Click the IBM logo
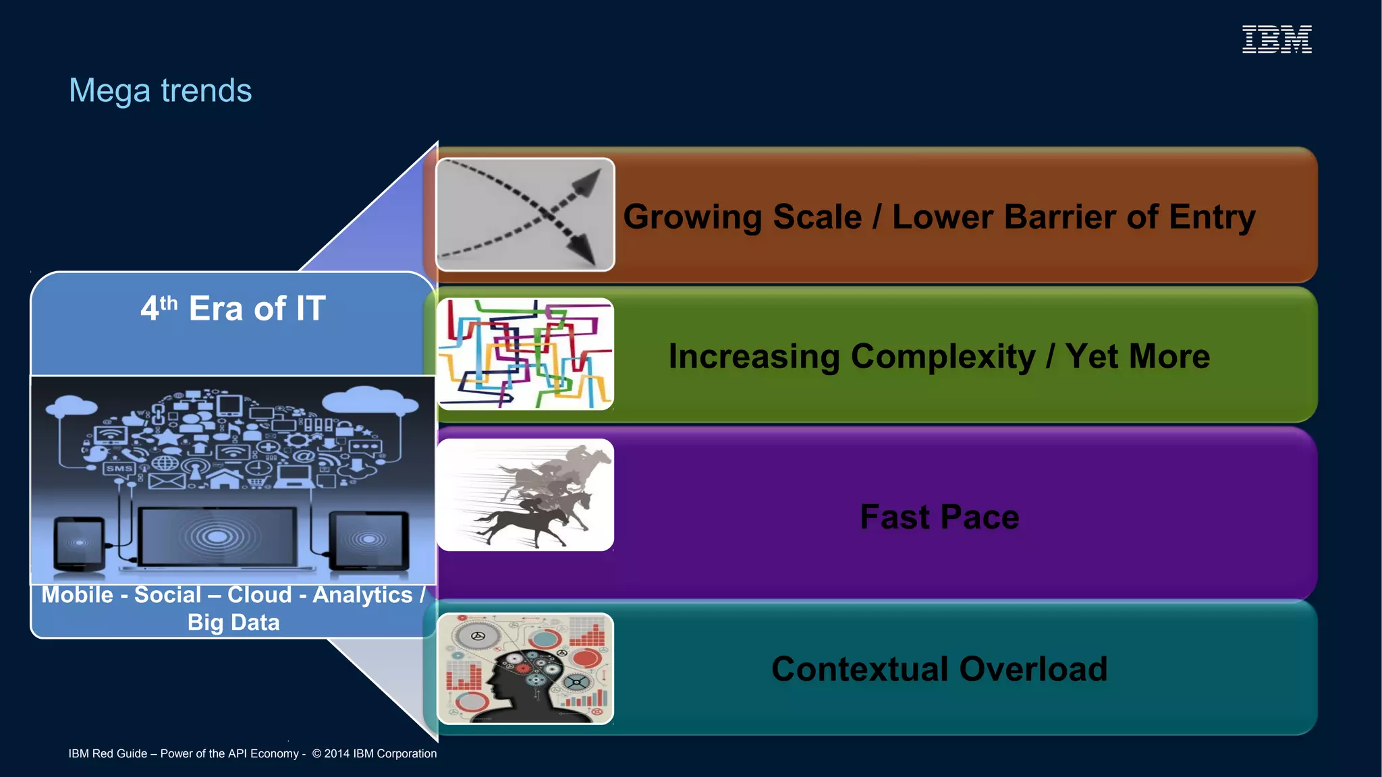pos(1277,39)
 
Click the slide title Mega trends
pos(160,90)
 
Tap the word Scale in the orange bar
pos(817,217)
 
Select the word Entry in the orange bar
pos(1212,217)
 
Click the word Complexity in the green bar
pos(943,356)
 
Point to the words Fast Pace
pos(939,517)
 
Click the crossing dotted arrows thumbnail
pos(525,214)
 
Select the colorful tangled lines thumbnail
pos(525,354)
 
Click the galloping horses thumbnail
pos(525,495)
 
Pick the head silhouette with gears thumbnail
pos(525,668)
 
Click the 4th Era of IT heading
pos(233,309)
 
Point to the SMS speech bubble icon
pos(119,468)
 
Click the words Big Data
pos(233,622)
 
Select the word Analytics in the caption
pos(362,595)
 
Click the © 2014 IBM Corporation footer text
pos(375,753)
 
